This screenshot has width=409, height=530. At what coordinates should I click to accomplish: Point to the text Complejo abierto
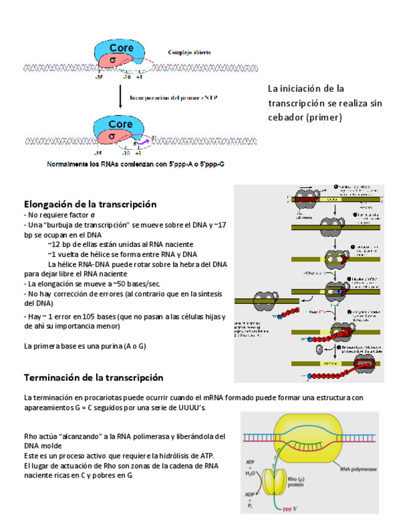coord(189,52)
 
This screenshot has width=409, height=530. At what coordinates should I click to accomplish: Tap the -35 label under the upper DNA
coord(99,78)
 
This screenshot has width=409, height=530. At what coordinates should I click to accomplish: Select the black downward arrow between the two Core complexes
coord(120,97)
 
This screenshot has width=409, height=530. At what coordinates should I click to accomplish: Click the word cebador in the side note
coord(285,117)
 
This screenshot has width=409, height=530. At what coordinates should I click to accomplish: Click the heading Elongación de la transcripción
coord(90,204)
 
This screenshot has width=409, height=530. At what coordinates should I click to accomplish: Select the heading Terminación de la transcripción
coord(93,377)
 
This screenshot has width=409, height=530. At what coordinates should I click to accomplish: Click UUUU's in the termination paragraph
coord(192,407)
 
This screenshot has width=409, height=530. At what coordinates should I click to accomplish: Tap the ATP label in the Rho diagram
coord(249,464)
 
